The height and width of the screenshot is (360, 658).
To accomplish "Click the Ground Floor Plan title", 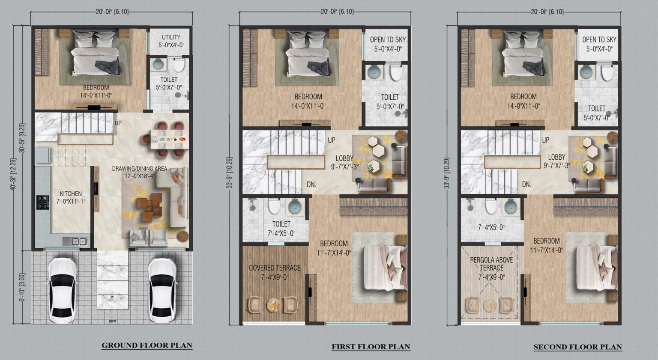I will tap(147, 345).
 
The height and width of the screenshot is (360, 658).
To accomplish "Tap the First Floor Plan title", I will tap(371, 347).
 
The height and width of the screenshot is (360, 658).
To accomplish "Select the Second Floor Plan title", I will tap(577, 347).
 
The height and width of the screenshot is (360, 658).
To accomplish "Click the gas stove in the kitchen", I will tap(42, 202).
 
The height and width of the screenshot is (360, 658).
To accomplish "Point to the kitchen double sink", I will tap(76, 242).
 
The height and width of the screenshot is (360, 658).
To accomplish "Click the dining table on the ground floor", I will tap(167, 139).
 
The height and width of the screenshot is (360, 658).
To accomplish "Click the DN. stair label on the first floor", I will tap(311, 184).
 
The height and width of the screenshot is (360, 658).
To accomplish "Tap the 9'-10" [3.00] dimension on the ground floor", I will tap(22, 288).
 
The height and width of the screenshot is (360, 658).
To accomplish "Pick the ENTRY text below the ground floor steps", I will tap(112, 321).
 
